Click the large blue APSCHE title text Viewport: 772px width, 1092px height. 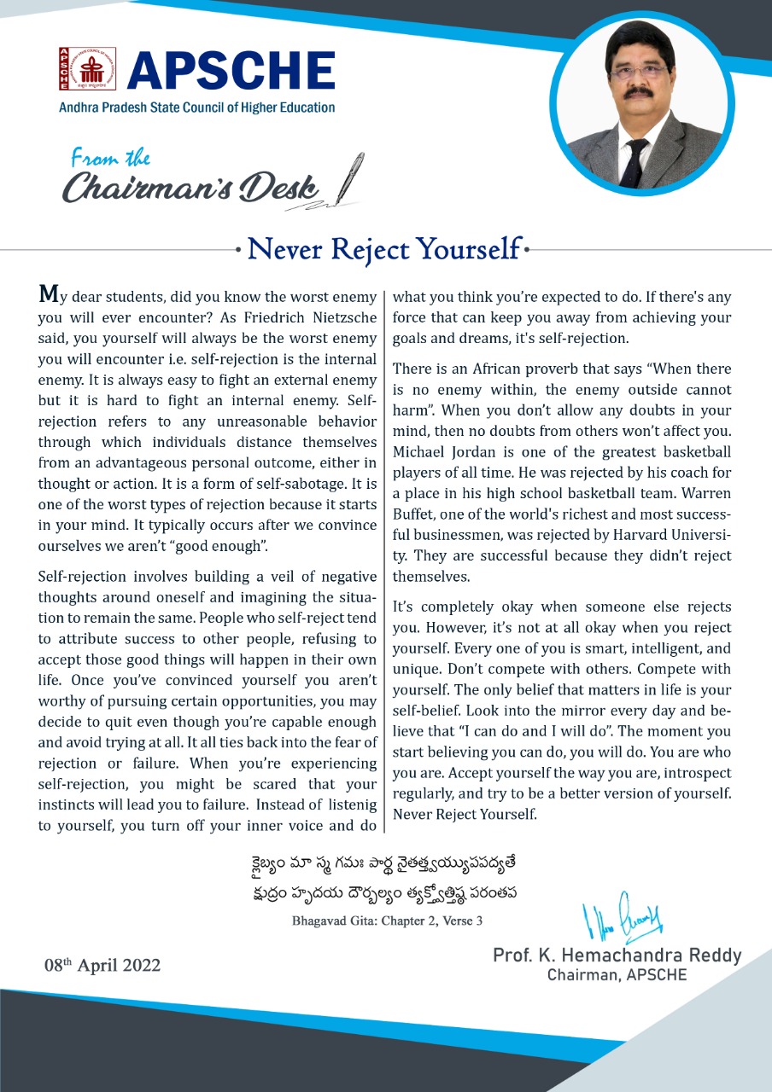[231, 71]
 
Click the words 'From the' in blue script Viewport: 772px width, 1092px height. [110, 158]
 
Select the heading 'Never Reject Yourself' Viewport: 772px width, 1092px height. [383, 250]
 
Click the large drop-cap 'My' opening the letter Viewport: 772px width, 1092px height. [50, 296]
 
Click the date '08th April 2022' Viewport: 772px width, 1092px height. [102, 966]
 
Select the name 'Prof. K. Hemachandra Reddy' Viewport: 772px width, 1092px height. [617, 955]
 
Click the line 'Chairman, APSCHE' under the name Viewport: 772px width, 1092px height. [617, 974]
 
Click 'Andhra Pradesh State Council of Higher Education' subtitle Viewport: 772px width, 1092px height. [196, 107]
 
